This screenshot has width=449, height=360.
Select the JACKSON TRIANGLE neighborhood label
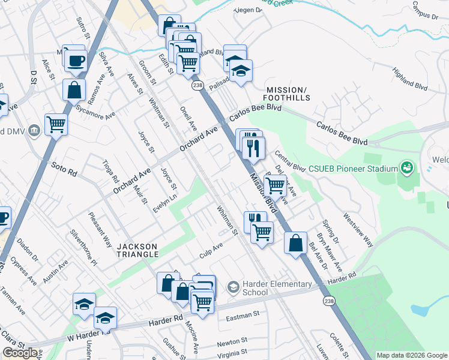pyautogui.click(x=137, y=250)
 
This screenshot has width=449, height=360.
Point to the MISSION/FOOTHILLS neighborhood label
pyautogui.click(x=287, y=93)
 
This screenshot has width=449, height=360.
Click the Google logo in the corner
pyautogui.click(x=20, y=353)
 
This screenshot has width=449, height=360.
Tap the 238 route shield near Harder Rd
pyautogui.click(x=328, y=299)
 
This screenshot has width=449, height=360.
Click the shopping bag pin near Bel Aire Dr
pyautogui.click(x=296, y=243)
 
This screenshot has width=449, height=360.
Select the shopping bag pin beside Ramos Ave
pyautogui.click(x=74, y=90)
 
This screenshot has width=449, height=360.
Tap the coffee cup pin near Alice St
pyautogui.click(x=76, y=60)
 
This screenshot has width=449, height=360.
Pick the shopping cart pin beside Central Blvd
pyautogui.click(x=276, y=185)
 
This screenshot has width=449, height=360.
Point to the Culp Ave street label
pyautogui.click(x=211, y=250)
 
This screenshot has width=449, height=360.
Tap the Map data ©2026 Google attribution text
pyautogui.click(x=412, y=355)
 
